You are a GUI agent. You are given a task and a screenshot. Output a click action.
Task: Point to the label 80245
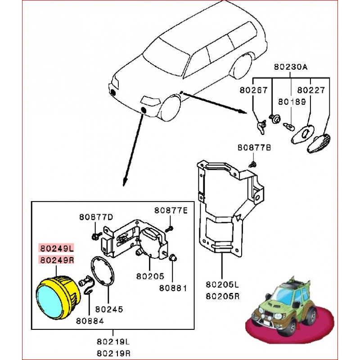(109, 310)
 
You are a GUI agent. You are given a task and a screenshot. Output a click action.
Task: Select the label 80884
(90, 321)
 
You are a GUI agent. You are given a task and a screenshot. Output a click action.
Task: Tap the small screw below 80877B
(253, 162)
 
